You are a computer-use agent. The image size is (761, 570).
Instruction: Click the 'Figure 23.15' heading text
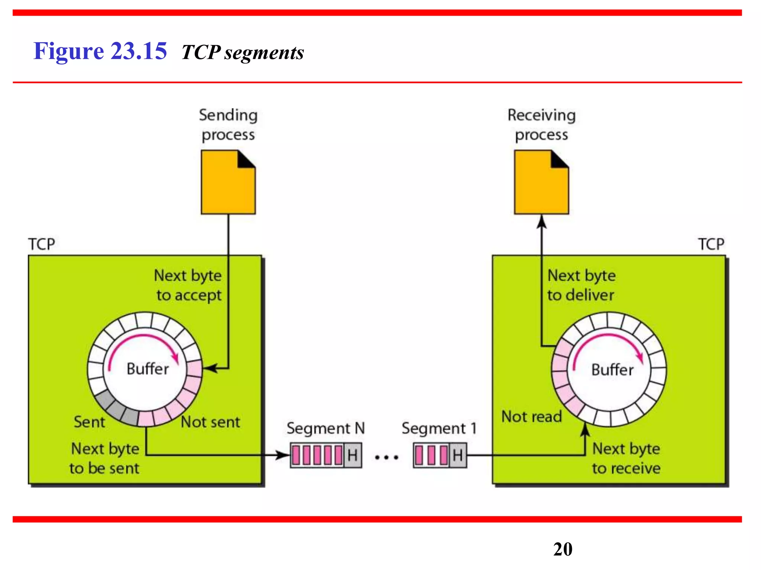click(100, 51)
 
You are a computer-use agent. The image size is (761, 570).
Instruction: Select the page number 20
click(563, 549)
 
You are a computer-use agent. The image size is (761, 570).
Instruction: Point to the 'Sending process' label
click(228, 125)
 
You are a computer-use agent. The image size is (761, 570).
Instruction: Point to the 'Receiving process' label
click(541, 125)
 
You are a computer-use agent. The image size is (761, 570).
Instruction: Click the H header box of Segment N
click(353, 455)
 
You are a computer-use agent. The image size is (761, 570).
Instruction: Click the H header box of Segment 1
click(458, 455)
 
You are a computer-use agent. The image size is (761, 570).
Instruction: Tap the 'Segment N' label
click(326, 429)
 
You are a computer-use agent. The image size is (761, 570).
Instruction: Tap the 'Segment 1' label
click(439, 429)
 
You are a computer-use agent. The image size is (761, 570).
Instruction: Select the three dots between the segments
click(386, 458)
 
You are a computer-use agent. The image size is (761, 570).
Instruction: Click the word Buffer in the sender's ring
click(148, 369)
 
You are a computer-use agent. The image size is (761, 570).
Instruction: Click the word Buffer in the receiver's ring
click(612, 370)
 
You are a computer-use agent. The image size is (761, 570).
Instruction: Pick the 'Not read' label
click(531, 417)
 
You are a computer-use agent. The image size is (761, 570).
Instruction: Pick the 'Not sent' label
click(210, 422)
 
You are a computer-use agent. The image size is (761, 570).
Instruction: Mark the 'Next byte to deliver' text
click(581, 285)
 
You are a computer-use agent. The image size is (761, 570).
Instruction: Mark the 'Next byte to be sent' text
click(105, 459)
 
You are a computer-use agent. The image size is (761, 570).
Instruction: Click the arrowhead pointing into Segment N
click(283, 455)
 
